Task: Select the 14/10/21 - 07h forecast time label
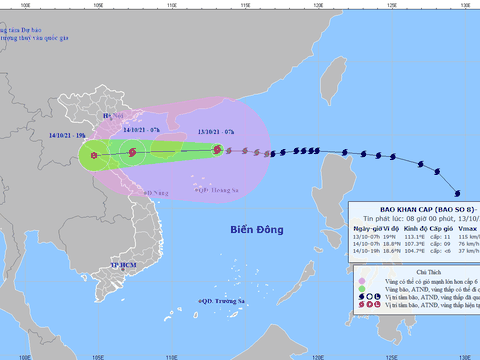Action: pos(141,128)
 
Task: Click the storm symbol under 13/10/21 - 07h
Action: pos(217,150)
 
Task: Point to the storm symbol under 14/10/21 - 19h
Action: pos(94,154)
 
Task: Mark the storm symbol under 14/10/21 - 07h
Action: pos(132,151)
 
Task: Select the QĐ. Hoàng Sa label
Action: pos(220,188)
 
